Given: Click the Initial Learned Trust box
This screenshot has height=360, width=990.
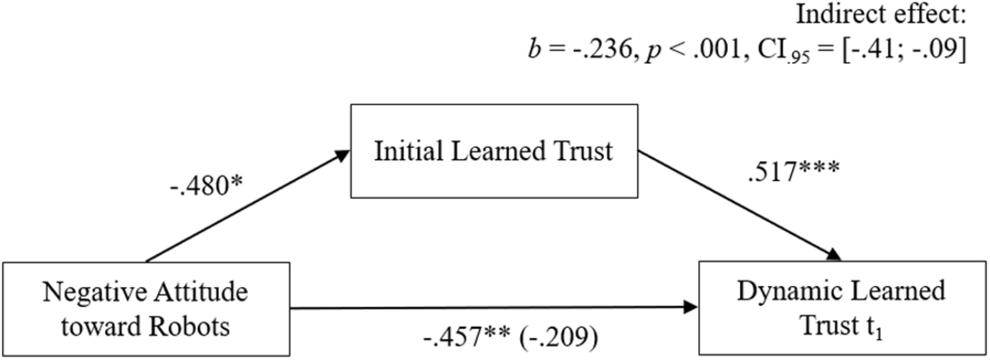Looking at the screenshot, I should (x=494, y=151).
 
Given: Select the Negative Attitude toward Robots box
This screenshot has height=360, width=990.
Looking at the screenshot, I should (x=146, y=309).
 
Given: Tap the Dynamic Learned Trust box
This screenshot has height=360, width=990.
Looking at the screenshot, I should (x=842, y=308).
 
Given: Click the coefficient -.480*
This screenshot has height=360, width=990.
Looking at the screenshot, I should (x=206, y=185).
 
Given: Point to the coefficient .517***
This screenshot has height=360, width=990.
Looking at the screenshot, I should (x=794, y=171).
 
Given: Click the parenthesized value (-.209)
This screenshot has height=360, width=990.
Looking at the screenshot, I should (x=558, y=337).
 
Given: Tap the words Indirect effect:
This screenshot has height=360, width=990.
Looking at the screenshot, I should (x=881, y=15).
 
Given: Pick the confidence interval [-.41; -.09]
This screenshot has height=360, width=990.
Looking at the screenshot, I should (x=903, y=49).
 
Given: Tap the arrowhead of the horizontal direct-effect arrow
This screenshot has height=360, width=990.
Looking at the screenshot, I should (x=690, y=307).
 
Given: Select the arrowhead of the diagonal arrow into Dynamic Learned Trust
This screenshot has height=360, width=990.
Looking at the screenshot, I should (x=833, y=255).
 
